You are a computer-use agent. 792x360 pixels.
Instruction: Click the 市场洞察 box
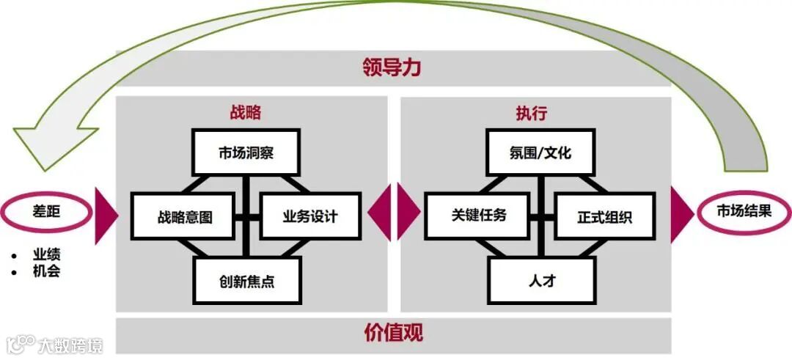tap(246, 153)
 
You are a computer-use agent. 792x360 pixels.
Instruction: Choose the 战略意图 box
tap(183, 216)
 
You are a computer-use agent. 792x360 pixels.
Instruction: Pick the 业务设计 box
tap(310, 216)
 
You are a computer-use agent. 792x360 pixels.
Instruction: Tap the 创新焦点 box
tap(247, 280)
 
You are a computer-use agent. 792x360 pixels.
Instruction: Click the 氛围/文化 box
tap(540, 153)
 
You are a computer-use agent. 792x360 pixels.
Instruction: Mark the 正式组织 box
tap(604, 216)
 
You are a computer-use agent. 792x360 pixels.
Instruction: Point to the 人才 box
tap(540, 280)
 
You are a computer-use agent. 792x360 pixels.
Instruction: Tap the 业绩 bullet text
tap(46, 255)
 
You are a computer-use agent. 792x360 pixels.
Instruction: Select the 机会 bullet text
tap(46, 271)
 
